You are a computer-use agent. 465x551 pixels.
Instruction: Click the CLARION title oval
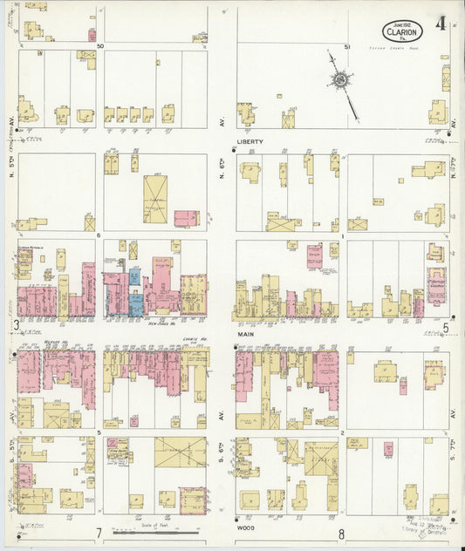[402, 31]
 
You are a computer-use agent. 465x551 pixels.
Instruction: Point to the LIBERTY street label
[250, 141]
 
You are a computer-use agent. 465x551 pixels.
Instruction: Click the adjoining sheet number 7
[100, 534]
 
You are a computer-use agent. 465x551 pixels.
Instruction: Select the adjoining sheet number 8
[342, 534]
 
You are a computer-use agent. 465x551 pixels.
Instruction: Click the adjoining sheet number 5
[445, 327]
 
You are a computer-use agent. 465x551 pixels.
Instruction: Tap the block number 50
[100, 45]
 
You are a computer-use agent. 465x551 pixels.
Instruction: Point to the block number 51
[347, 45]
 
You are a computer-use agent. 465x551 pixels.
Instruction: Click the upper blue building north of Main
[134, 276]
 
